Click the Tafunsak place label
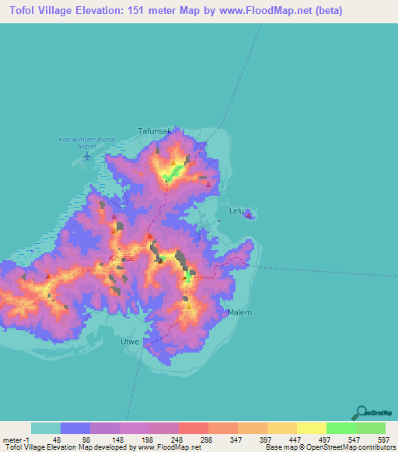(154, 131)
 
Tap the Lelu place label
(236, 210)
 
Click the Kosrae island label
(122, 257)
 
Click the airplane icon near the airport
(86, 157)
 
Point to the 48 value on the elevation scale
(57, 440)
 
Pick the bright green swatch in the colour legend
(340, 428)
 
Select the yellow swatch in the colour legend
(311, 428)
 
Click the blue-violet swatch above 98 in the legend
(75, 428)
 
